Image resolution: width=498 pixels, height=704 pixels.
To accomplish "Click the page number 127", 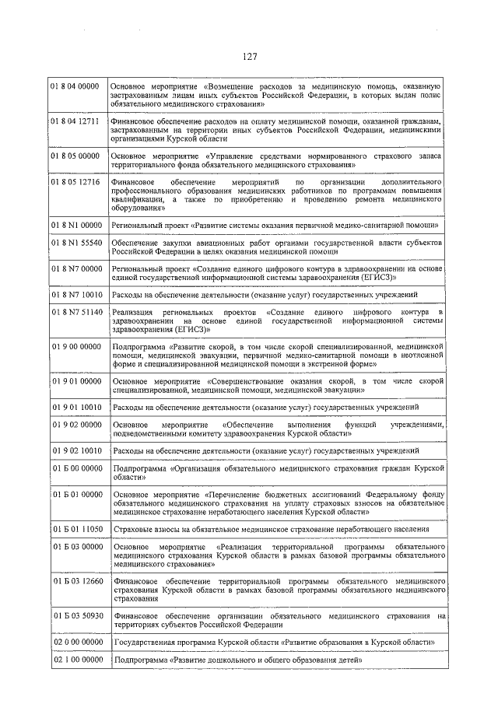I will (249, 57).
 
